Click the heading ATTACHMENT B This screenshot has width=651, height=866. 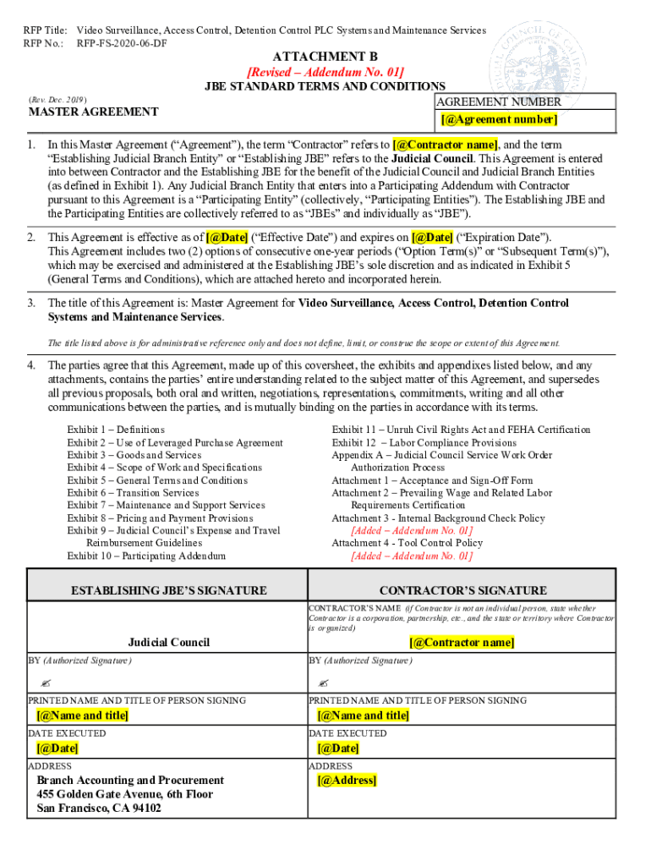325,57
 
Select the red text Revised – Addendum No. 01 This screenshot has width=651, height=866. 325,72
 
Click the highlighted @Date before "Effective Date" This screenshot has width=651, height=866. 227,237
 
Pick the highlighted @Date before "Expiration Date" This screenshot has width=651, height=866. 432,237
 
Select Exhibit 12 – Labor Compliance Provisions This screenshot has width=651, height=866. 424,442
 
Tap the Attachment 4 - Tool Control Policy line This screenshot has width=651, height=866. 407,543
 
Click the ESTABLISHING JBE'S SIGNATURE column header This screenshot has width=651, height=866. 168,590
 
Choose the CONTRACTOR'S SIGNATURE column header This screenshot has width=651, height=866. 462,590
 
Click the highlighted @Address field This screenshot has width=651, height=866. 347,781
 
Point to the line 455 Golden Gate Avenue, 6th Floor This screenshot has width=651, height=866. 124,794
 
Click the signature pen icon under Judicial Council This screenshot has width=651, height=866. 45,682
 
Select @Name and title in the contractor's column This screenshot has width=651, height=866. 363,715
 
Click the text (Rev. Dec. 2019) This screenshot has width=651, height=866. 57,99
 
